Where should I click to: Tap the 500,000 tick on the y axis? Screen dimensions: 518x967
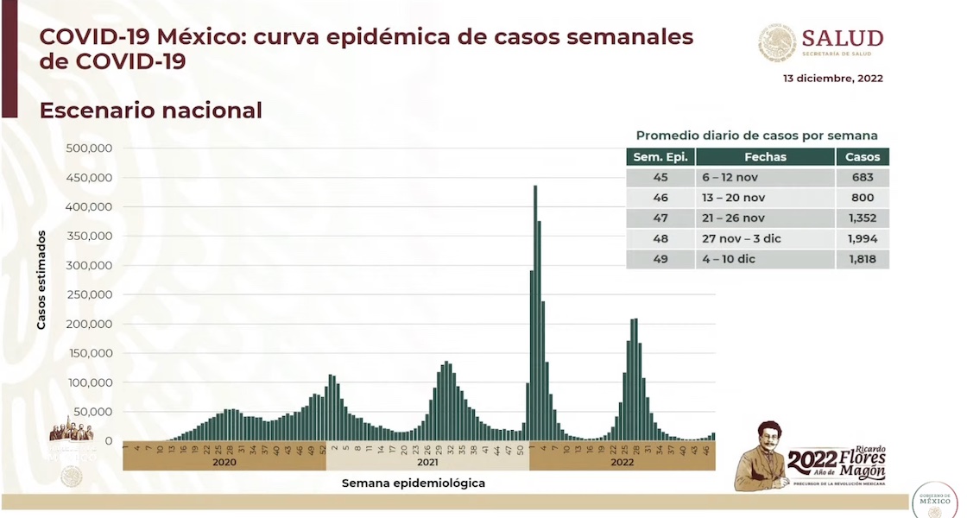pos(90,148)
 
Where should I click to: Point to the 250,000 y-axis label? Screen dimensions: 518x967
pos(90,294)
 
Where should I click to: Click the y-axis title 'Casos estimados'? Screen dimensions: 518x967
pos(41,279)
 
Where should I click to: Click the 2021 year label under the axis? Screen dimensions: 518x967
pos(427,462)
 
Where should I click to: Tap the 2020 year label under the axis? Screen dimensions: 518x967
pos(224,462)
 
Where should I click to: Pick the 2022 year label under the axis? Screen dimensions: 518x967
pos(622,462)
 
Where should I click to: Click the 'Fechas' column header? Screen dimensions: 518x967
pos(765,157)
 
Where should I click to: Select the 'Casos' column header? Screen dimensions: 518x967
pos(863,157)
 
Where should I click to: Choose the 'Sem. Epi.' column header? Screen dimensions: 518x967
pos(660,157)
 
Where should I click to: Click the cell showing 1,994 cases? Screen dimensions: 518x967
pos(863,238)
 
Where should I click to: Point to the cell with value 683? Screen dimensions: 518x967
pos(863,177)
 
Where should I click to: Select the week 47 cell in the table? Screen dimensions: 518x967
pos(660,218)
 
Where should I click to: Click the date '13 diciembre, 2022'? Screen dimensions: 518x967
pos(832,78)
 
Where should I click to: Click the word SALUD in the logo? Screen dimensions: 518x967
pos(842,38)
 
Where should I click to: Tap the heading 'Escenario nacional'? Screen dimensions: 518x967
pos(150,111)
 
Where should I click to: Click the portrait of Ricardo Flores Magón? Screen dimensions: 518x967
pos(760,455)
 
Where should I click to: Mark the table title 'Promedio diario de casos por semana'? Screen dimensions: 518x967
pos(756,136)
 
